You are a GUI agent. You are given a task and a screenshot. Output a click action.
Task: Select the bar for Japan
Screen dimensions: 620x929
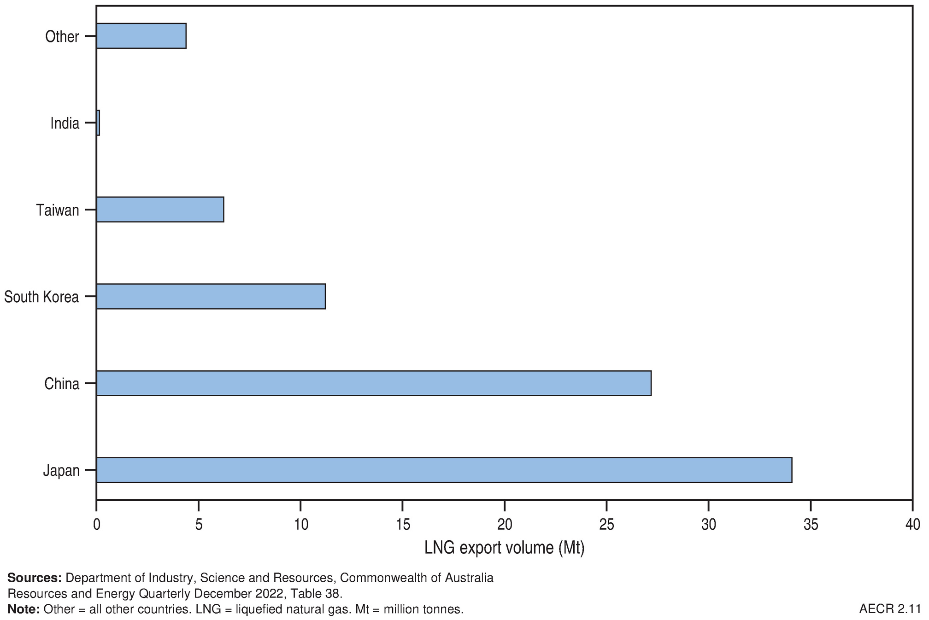pos(444,470)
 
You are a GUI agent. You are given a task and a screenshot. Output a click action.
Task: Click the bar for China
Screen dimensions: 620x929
pos(373,383)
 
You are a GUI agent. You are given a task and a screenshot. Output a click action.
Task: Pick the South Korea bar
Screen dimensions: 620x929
pos(211,296)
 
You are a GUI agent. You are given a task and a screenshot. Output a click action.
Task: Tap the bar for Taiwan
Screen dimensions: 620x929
pos(160,210)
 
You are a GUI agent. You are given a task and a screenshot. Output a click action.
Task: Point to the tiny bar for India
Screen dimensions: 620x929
pos(98,123)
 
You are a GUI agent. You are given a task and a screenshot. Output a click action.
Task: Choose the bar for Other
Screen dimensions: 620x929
pos(141,36)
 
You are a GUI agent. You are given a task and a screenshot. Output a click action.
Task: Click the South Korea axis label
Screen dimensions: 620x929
pos(41,297)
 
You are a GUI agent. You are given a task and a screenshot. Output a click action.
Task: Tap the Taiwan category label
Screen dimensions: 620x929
pos(58,210)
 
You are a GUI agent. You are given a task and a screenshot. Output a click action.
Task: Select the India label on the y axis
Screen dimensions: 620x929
pos(65,123)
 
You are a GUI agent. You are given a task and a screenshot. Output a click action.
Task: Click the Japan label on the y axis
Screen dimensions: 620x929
pos(61,471)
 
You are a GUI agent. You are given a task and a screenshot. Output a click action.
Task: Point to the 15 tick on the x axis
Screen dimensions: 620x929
pos(403,525)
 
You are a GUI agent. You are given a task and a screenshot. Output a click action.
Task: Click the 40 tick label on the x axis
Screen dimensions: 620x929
pos(912,525)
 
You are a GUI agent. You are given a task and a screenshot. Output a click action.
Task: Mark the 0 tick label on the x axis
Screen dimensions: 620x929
pos(96,525)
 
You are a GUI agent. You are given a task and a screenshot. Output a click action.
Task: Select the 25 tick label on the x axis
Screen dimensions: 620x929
pos(607,525)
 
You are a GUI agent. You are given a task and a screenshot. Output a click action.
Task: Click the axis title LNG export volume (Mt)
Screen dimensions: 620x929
pos(504,548)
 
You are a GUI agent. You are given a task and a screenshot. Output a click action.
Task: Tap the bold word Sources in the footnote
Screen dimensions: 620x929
pos(34,578)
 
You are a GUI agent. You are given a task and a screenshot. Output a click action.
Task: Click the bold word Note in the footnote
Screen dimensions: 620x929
pos(24,609)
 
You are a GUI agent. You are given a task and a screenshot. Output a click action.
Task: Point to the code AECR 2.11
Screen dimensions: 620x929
pos(890,609)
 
